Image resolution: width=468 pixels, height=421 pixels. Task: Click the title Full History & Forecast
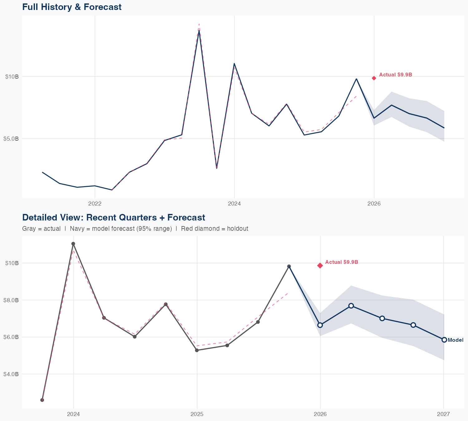pyautogui.click(x=72, y=7)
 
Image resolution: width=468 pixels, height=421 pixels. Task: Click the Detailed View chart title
pyautogui.click(x=114, y=217)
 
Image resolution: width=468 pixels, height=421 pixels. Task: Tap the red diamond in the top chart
pyautogui.click(x=374, y=78)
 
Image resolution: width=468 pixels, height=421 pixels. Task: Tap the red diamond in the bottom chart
pyautogui.click(x=320, y=265)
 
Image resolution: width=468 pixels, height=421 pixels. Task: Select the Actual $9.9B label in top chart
pyautogui.click(x=396, y=75)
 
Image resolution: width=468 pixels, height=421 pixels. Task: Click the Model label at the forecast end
pyautogui.click(x=456, y=340)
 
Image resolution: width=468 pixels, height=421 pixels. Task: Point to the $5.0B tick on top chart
pyautogui.click(x=11, y=138)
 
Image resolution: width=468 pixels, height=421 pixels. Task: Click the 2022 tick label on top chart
pyautogui.click(x=95, y=204)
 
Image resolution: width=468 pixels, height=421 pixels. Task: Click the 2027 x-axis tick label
pyautogui.click(x=443, y=414)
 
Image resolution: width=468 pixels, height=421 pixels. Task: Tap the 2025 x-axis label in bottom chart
pyautogui.click(x=197, y=414)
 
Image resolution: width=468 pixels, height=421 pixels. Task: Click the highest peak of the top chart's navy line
pyautogui.click(x=199, y=31)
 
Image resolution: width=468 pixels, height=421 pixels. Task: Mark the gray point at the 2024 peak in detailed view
pyautogui.click(x=73, y=244)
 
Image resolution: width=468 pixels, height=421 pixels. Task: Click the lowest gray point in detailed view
pyautogui.click(x=42, y=400)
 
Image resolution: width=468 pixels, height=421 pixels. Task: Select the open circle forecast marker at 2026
pyautogui.click(x=320, y=325)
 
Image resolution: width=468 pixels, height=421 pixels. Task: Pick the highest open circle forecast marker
pyautogui.click(x=351, y=306)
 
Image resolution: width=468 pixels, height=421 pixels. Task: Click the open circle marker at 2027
pyautogui.click(x=444, y=340)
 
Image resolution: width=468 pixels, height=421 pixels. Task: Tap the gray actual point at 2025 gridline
pyautogui.click(x=197, y=350)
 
